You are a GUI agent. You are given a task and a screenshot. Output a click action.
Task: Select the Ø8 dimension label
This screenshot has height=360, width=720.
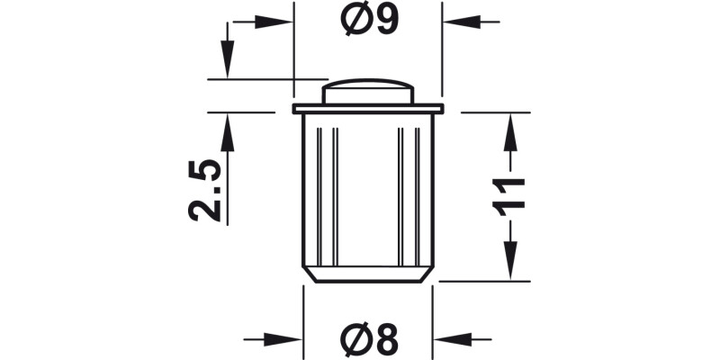[x=369, y=339]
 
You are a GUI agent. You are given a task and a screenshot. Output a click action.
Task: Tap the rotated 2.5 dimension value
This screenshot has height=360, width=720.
[x=204, y=190]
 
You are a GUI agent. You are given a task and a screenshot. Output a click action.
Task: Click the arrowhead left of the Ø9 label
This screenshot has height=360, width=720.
[x=274, y=21]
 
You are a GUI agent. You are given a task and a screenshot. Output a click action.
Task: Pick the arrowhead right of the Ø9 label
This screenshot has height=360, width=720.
[x=460, y=21]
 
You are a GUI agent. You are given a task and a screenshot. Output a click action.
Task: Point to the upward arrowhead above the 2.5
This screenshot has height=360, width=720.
[x=227, y=132]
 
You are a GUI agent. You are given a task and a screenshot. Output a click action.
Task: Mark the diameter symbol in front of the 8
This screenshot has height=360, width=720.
[x=355, y=339]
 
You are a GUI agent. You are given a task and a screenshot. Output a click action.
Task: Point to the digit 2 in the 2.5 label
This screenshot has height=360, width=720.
[x=204, y=210]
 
